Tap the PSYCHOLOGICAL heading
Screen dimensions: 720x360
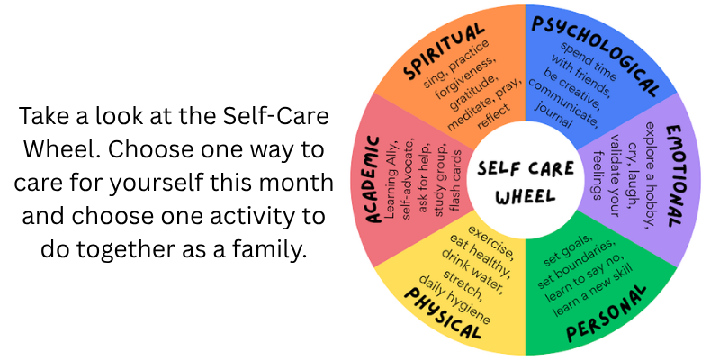597,54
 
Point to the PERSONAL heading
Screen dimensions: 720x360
606,313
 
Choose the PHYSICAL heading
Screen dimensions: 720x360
442,313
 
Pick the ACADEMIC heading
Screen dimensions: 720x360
374,179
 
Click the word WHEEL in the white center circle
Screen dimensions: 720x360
526,196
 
